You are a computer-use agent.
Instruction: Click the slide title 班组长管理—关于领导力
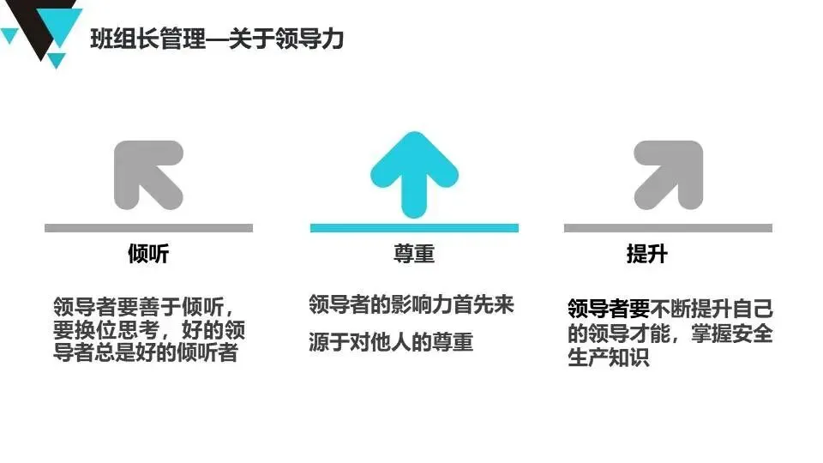[217, 39]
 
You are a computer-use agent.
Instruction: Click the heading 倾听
[148, 255]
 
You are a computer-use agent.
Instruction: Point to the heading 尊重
[414, 255]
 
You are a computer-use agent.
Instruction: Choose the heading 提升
[647, 255]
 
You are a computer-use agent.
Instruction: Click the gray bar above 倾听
[148, 228]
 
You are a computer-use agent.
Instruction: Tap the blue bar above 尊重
[414, 228]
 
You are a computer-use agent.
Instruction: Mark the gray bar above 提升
[668, 228]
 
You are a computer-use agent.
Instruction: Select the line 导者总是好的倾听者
[145, 352]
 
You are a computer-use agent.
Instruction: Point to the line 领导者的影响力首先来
[411, 304]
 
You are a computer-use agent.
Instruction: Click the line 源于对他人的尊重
[391, 342]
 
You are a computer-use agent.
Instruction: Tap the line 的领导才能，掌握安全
[670, 333]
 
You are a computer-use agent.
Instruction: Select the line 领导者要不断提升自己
[670, 307]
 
